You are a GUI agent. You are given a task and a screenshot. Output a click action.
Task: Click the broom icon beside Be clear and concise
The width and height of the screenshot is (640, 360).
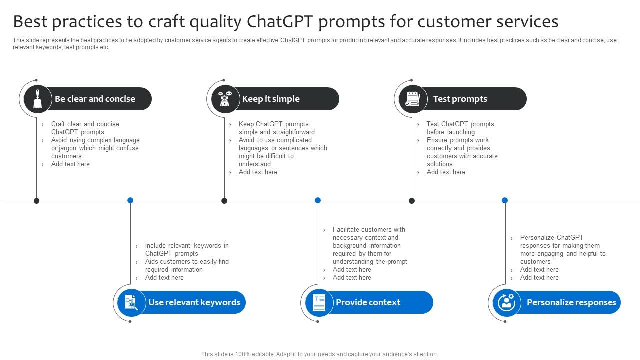(38, 99)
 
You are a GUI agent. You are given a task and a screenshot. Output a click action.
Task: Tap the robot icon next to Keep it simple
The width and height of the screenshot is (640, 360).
(225, 99)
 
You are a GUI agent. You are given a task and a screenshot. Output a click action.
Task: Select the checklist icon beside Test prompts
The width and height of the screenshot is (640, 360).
(413, 99)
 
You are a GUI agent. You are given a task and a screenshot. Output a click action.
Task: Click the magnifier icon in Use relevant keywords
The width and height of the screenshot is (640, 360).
(131, 302)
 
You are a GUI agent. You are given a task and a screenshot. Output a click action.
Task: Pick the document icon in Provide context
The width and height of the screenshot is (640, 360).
(319, 302)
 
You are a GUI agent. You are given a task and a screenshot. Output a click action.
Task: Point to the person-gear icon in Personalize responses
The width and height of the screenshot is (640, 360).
(506, 302)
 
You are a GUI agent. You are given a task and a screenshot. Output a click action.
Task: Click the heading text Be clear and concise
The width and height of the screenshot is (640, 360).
(95, 99)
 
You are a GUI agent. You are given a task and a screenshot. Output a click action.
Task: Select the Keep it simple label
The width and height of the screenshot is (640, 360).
(271, 99)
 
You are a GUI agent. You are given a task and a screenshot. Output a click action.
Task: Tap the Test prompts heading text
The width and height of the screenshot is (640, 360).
(460, 99)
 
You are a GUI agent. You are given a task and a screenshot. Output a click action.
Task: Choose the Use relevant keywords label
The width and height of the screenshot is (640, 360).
(194, 302)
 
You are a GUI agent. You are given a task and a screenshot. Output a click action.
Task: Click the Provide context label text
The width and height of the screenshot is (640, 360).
(368, 302)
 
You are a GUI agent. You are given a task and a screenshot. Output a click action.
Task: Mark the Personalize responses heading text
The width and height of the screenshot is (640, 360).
(571, 302)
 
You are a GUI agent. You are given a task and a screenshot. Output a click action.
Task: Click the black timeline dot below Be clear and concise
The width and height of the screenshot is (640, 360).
(36, 201)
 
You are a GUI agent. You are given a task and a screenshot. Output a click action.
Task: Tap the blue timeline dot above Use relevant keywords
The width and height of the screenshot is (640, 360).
(130, 200)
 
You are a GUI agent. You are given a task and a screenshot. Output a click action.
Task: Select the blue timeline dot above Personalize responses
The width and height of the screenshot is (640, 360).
(505, 200)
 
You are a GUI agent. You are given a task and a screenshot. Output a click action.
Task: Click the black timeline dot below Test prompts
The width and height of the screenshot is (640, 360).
(412, 201)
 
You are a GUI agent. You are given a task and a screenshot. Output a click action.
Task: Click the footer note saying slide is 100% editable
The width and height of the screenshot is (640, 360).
(319, 354)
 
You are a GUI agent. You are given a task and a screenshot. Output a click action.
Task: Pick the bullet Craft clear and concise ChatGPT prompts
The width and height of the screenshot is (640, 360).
(85, 128)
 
